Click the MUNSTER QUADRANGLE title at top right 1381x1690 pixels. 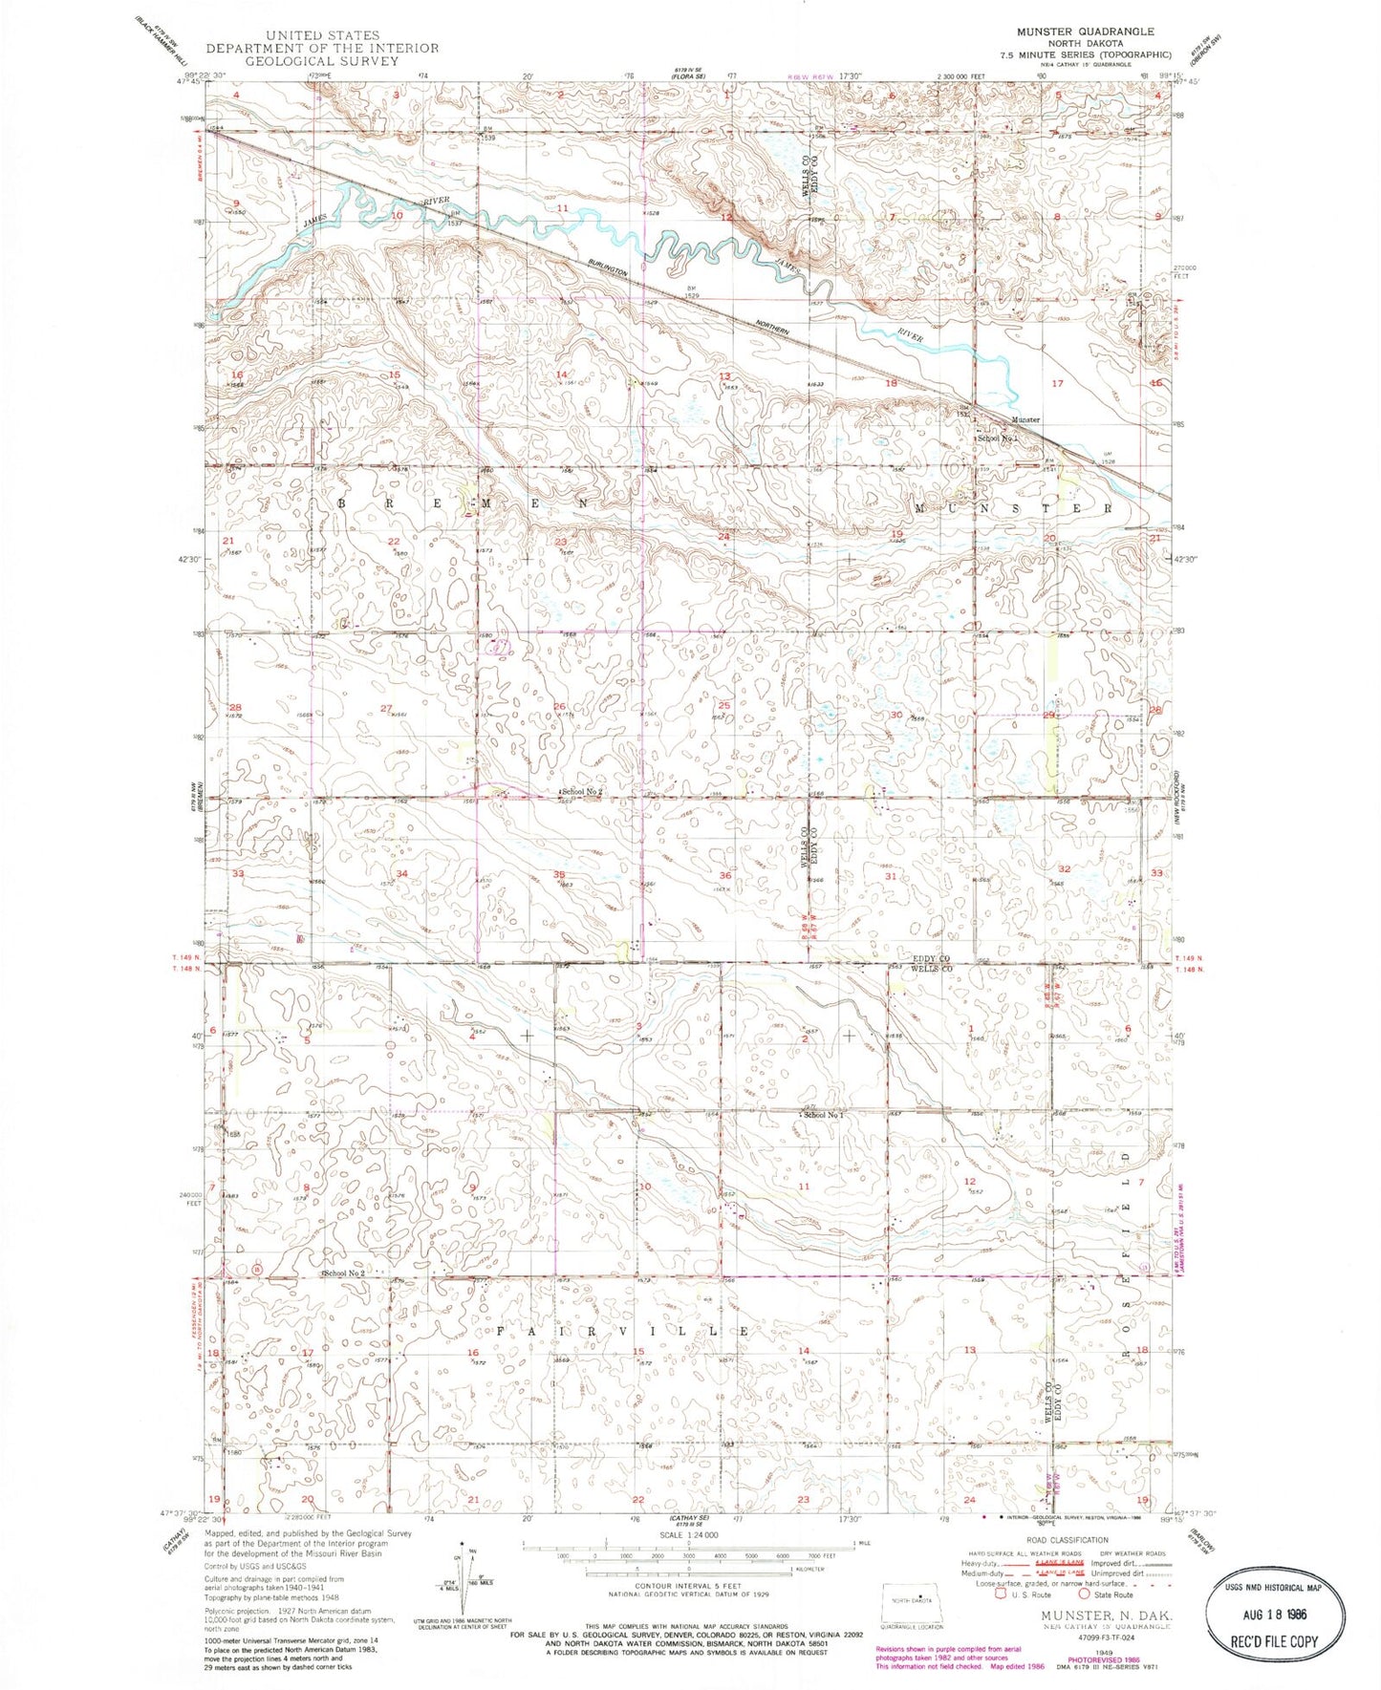click(1085, 32)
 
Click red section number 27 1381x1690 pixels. click(386, 708)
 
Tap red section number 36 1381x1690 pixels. click(725, 875)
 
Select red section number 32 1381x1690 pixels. click(1064, 868)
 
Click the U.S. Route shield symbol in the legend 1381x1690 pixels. click(1001, 1594)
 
